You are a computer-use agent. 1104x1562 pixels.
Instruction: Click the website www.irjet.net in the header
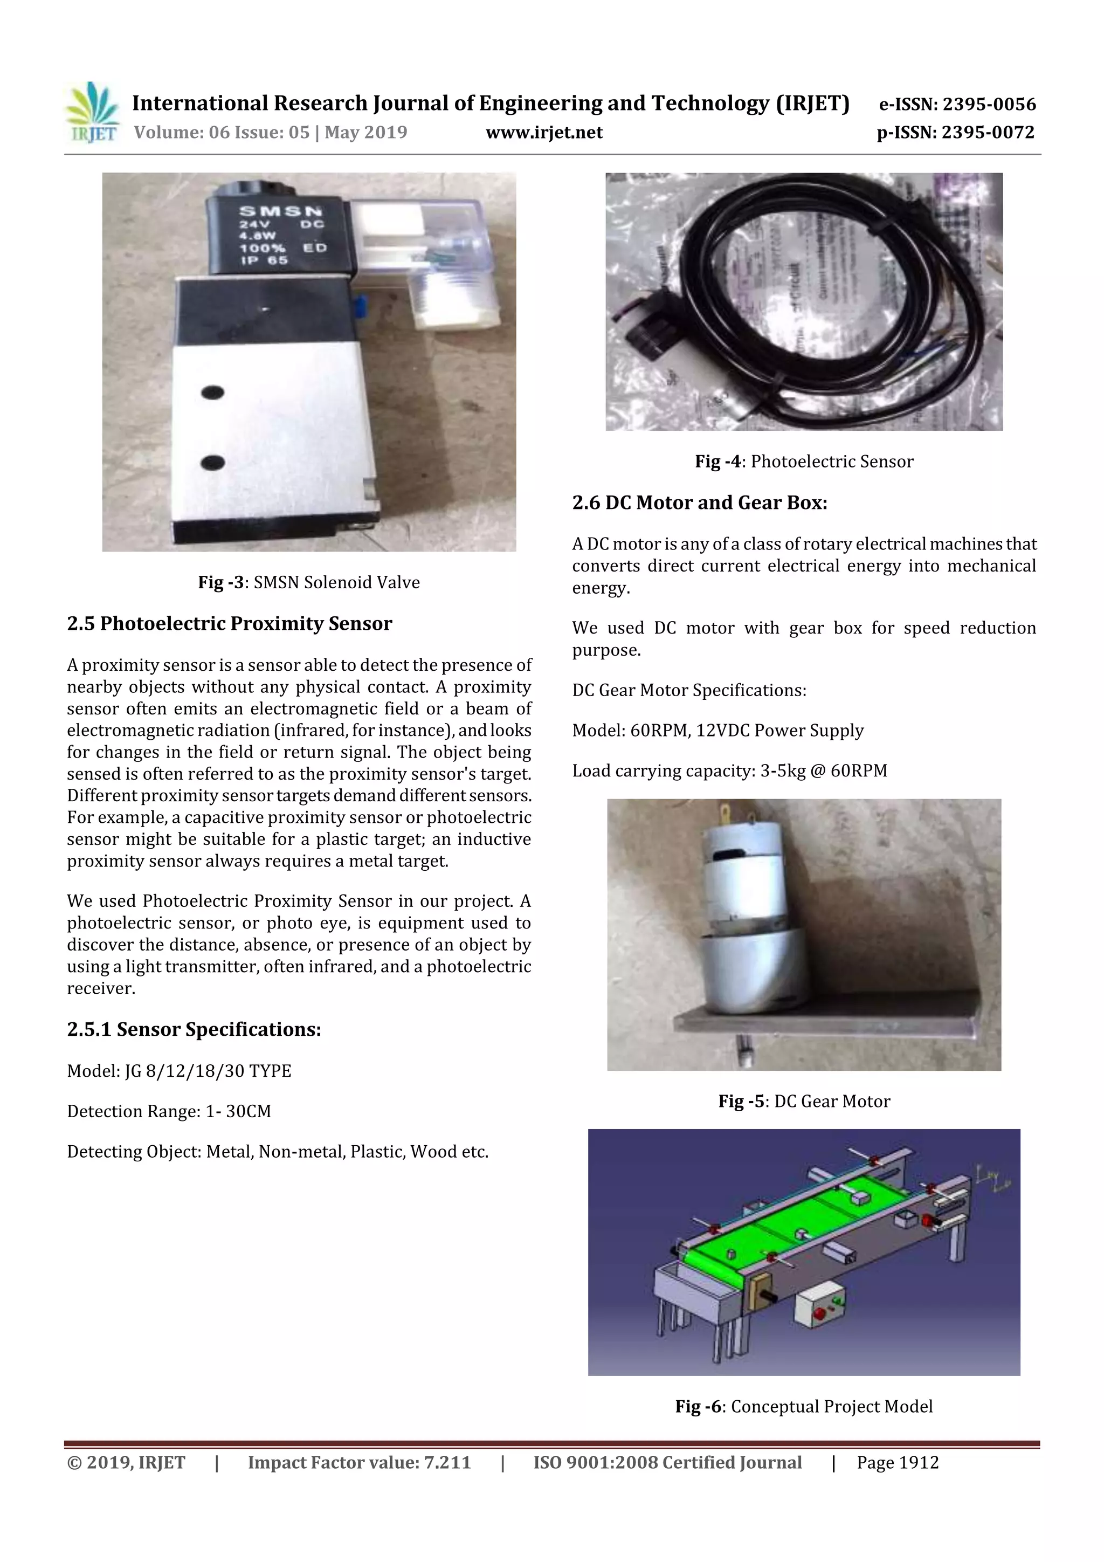click(x=543, y=132)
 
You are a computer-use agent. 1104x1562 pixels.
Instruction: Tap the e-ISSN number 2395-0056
click(x=988, y=104)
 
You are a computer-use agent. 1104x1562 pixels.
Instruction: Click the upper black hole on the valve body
click(x=213, y=393)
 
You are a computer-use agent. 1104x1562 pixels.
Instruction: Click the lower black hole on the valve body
click(x=213, y=463)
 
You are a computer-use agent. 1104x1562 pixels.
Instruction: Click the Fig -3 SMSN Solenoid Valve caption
click(x=309, y=582)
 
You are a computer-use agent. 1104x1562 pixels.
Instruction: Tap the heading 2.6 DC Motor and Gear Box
click(x=699, y=503)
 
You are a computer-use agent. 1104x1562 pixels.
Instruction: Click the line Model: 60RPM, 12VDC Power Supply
click(x=717, y=731)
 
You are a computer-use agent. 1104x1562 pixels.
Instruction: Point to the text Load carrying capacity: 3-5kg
click(x=729, y=771)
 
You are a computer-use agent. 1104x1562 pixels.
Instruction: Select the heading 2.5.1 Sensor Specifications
click(x=194, y=1029)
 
